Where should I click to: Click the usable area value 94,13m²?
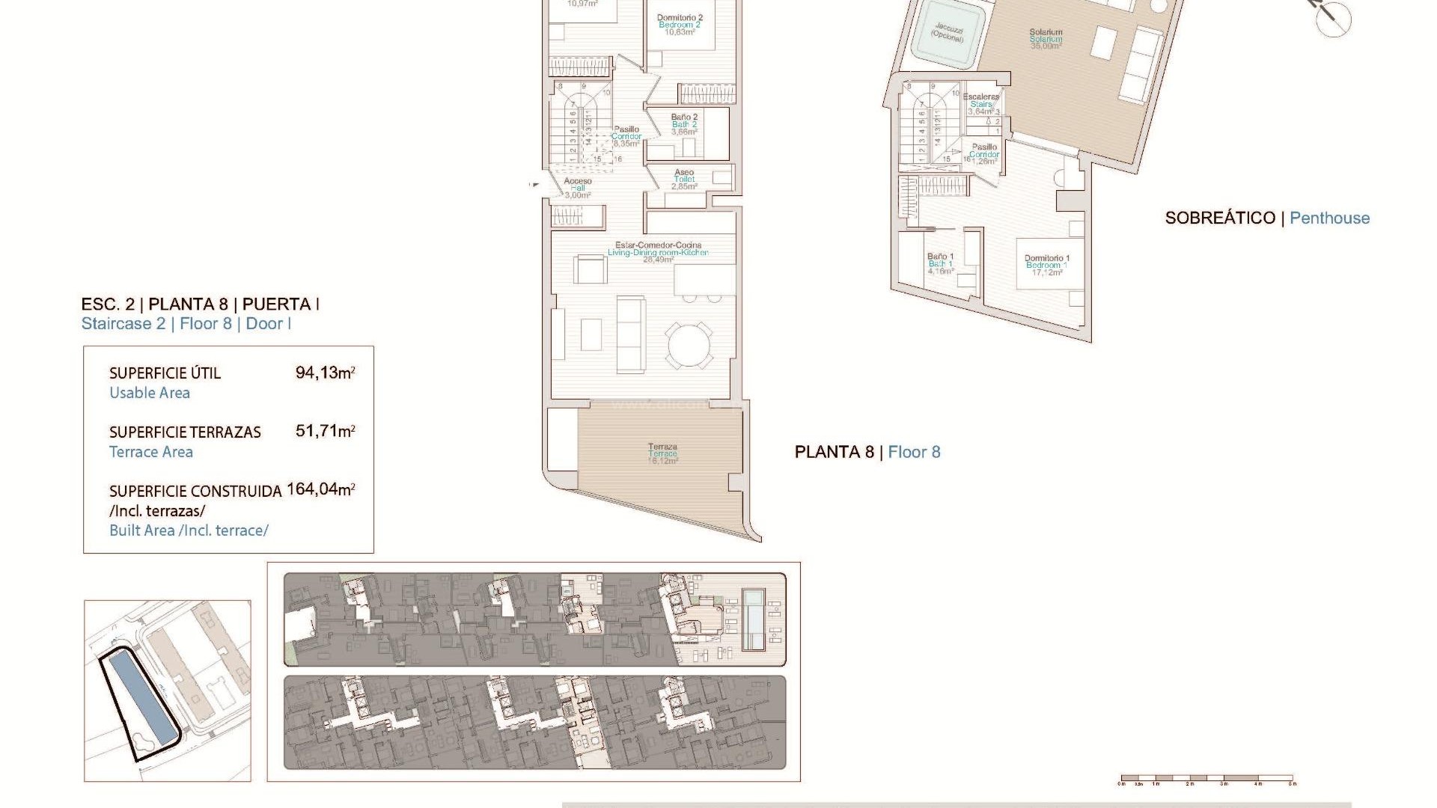point(325,373)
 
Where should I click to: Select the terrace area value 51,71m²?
point(325,431)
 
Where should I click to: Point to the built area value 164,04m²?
point(320,489)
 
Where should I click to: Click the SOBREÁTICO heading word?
point(1219,218)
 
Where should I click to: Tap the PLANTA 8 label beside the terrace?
point(834,452)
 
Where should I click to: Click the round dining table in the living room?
point(690,345)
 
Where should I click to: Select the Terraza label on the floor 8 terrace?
point(662,447)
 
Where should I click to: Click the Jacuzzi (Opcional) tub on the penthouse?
point(948,32)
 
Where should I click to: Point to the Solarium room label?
point(1046,33)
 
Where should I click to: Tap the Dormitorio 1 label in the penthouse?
point(1046,259)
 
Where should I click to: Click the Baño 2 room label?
point(684,117)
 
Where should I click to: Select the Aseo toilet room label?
point(684,173)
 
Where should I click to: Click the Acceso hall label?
point(577,181)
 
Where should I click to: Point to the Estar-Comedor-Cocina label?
point(658,245)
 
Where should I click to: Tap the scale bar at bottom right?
point(1206,779)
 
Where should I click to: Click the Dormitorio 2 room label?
point(680,18)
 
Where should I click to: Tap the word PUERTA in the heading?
point(276,304)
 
